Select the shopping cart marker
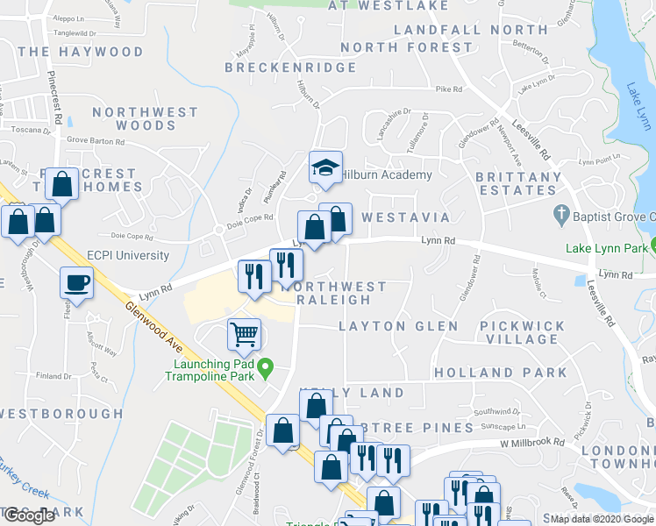pos(244,333)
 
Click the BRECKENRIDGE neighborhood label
pos(282,67)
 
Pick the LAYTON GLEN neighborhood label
pos(399,326)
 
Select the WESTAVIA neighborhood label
pos(406,217)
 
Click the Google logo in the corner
pos(29,515)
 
